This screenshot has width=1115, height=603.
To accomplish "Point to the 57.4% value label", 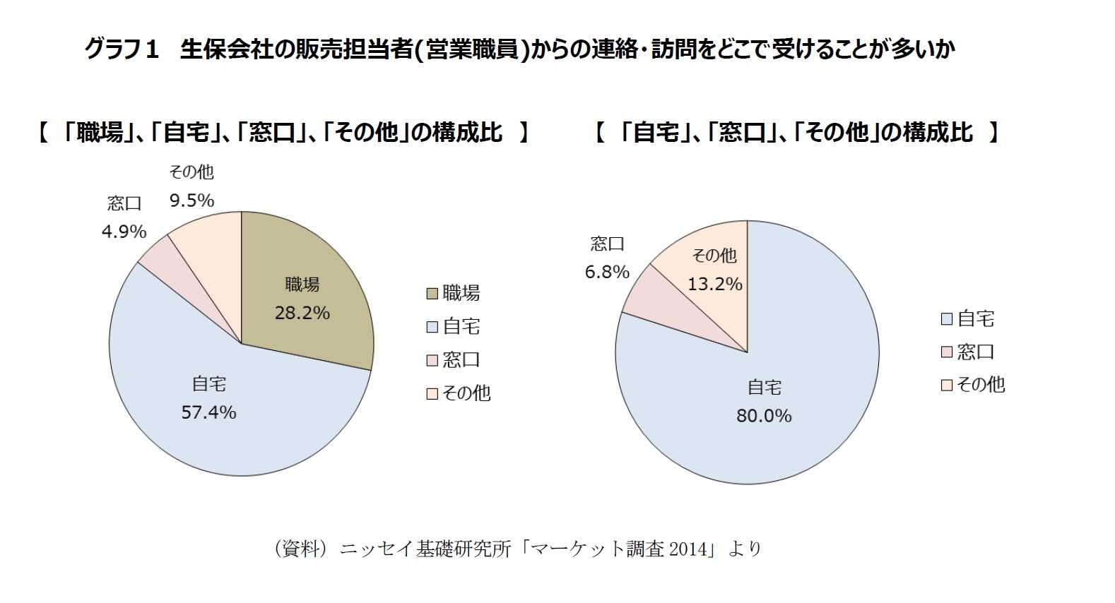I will (x=208, y=412).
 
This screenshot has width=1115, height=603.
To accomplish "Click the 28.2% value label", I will (x=302, y=313).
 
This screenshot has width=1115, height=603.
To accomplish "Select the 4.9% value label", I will (x=124, y=232).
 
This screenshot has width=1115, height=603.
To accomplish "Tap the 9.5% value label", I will (x=191, y=201).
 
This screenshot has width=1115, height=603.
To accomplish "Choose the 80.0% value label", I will (x=764, y=416).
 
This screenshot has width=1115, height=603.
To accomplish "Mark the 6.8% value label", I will (x=607, y=272).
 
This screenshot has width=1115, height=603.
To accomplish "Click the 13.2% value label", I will (x=715, y=284).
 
